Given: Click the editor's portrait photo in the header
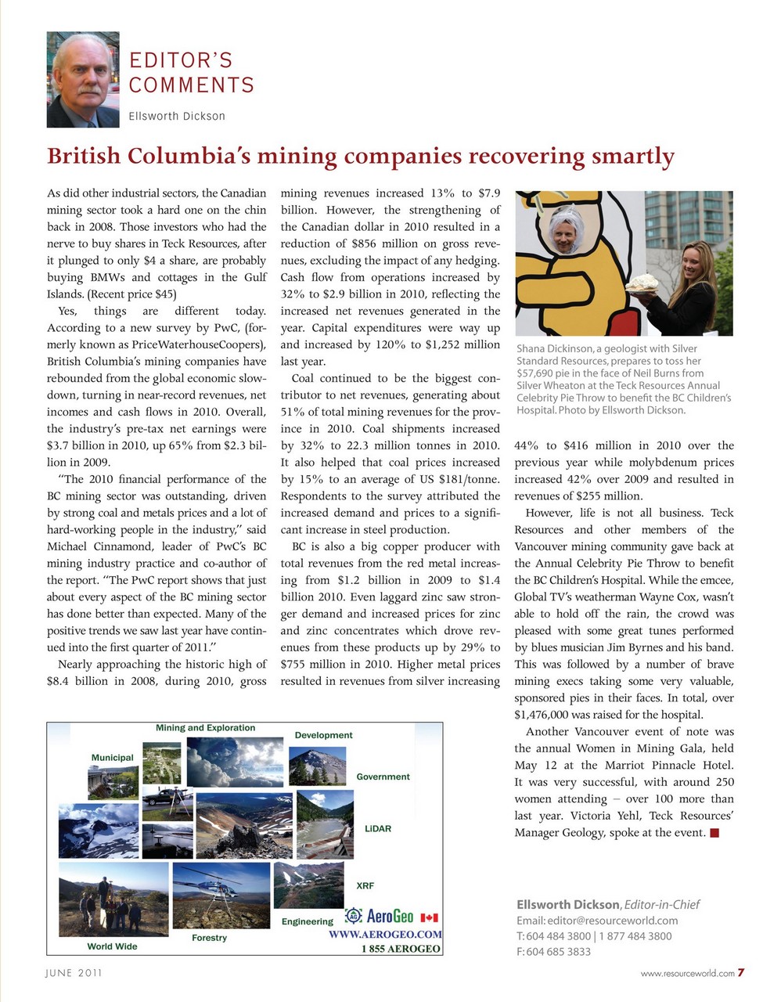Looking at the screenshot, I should (x=83, y=79).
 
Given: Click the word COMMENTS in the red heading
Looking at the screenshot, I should (x=191, y=85).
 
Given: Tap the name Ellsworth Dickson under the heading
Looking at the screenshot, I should (x=177, y=116).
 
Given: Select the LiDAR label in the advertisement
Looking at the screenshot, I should (x=377, y=828).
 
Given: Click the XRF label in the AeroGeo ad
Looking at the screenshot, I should (x=365, y=885).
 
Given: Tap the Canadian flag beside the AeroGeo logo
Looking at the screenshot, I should (x=429, y=917).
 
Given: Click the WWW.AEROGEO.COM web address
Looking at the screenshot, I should (x=385, y=934).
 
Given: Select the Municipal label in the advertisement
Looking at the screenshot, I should (x=112, y=757).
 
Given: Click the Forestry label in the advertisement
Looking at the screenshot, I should (x=209, y=937).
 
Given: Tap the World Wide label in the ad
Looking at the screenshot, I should (x=112, y=946).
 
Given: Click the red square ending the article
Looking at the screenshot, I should (x=714, y=833).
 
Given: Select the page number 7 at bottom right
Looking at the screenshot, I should (x=740, y=973).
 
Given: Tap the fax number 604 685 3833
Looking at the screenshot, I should (x=558, y=952).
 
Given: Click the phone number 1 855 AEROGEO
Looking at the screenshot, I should (x=401, y=948).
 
